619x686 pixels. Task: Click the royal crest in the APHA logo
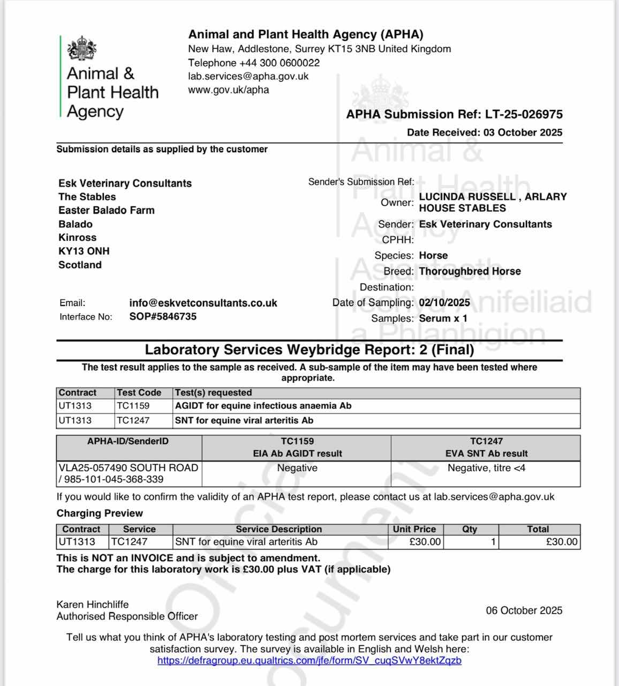click(x=82, y=50)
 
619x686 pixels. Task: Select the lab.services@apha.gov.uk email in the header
click(x=248, y=76)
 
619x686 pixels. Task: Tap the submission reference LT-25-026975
click(x=524, y=114)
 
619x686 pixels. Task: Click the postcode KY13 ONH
click(x=84, y=251)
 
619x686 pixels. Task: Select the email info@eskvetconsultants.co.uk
click(x=203, y=303)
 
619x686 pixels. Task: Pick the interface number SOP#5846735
click(x=163, y=316)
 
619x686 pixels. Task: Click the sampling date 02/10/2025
click(x=444, y=302)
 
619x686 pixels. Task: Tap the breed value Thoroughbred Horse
click(x=470, y=271)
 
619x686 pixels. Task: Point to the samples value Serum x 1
click(x=443, y=318)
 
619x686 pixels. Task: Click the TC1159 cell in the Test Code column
click(x=133, y=406)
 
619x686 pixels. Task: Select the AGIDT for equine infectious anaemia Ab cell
click(x=263, y=406)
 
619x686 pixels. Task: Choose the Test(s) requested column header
click(x=213, y=392)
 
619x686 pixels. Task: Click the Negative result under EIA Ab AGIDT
click(x=297, y=468)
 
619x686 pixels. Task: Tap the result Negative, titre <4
click(x=486, y=468)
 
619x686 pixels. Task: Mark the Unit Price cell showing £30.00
click(x=425, y=542)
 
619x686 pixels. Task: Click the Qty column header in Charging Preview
click(x=470, y=529)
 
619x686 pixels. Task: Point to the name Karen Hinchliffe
click(x=93, y=604)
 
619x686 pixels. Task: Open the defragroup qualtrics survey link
click(x=309, y=660)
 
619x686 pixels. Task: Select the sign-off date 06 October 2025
click(x=524, y=610)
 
